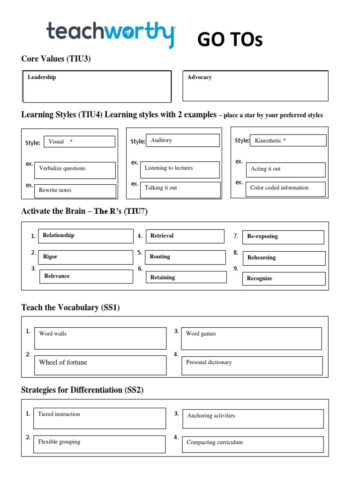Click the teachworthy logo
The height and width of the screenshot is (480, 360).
(x=111, y=34)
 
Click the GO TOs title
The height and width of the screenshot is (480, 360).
(x=230, y=40)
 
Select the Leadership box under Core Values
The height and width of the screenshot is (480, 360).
(x=97, y=86)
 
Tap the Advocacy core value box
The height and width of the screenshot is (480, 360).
(x=255, y=86)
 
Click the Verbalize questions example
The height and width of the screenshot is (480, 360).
(x=75, y=170)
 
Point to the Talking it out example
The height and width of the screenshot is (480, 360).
(x=181, y=189)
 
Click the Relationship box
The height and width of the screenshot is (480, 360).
(x=85, y=236)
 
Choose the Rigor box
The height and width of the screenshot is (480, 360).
(x=86, y=257)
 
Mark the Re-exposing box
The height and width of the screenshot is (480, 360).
(x=284, y=237)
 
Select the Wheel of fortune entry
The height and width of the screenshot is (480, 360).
(x=100, y=365)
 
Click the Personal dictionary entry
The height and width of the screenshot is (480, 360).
(x=252, y=365)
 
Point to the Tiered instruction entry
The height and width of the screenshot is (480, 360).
(x=99, y=418)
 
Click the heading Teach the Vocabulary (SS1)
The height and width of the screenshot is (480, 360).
(x=74, y=307)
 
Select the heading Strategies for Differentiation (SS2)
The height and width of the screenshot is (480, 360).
(x=82, y=390)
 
